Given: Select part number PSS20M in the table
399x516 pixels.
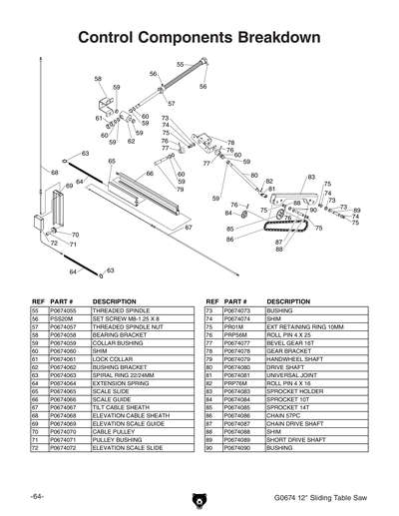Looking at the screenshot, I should coord(62,319).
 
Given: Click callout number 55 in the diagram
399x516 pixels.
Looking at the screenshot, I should coord(180,64).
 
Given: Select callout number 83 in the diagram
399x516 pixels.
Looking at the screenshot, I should coord(311,177).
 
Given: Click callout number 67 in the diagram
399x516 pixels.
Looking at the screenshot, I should coord(188,228).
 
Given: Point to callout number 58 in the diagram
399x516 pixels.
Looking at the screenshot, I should coord(98,79).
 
